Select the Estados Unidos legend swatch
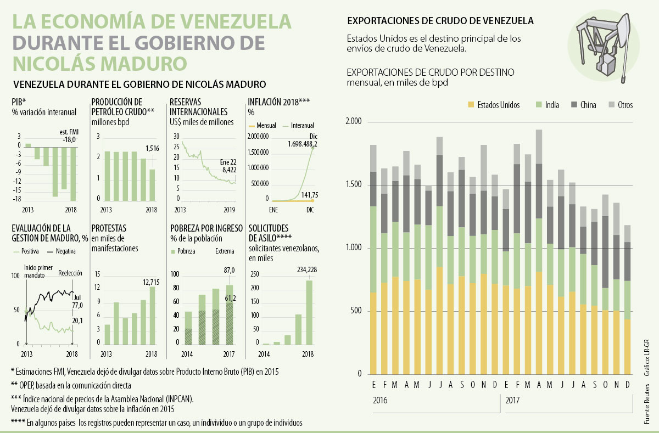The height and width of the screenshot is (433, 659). [x=470, y=105]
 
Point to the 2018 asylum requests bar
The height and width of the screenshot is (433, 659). [x=309, y=312]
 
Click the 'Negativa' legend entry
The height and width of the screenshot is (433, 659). [x=64, y=251]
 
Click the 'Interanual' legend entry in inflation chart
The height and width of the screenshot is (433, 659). [x=303, y=126]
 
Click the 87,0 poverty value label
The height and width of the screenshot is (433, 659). [x=230, y=270]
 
